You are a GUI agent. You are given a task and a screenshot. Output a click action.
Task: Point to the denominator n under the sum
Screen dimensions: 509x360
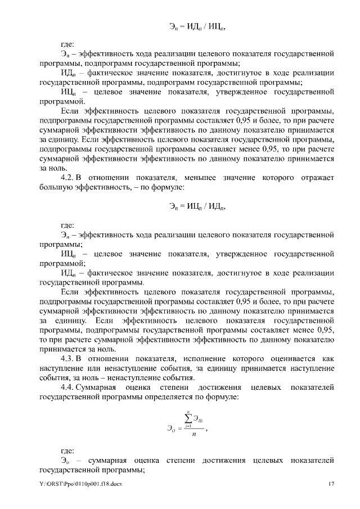tap(195, 434)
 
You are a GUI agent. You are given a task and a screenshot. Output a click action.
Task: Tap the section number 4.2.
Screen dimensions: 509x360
tap(67, 178)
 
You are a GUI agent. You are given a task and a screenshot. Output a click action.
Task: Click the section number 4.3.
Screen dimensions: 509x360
tap(67, 358)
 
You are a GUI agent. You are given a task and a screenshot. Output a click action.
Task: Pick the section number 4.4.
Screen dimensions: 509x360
tap(67, 388)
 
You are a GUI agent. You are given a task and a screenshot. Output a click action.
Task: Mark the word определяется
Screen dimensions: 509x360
tap(165, 397)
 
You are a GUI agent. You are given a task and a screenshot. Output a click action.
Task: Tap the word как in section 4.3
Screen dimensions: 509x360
tap(328, 358)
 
